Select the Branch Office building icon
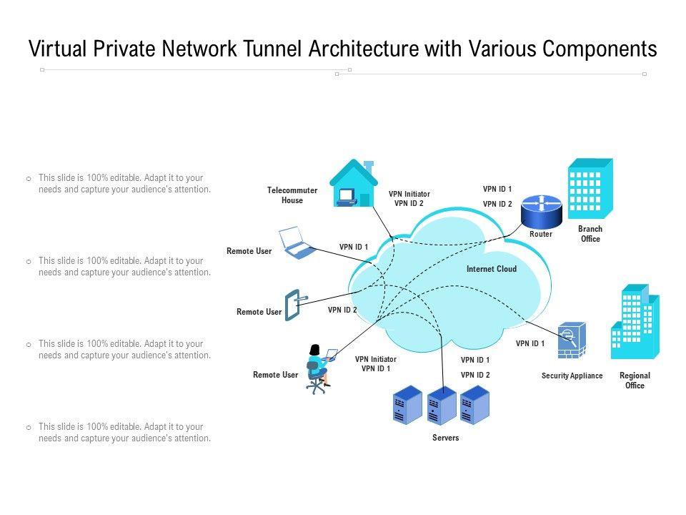pos(590,189)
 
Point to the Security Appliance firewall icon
pos(571,340)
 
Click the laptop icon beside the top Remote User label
pos(295,242)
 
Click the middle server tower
pos(441,406)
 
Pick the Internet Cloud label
pos(491,270)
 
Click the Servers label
pos(445,438)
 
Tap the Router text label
pos(540,235)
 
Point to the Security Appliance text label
pos(572,376)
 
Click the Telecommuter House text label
pos(292,195)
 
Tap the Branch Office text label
pos(590,234)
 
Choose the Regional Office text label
pos(635,381)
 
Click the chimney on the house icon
pos(369,167)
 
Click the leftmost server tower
pos(407,405)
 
